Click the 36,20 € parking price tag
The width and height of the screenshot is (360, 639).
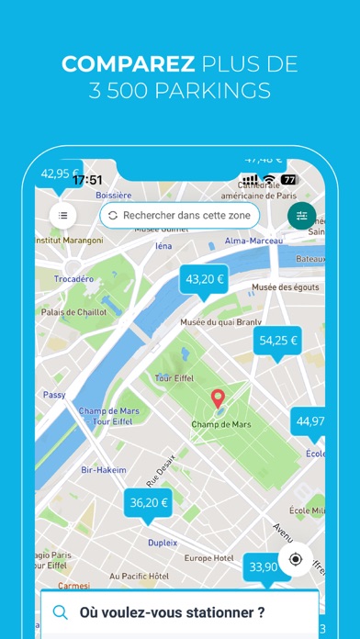(x=148, y=502)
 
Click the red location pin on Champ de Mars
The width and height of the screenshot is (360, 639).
(x=218, y=399)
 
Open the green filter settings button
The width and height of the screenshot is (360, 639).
(x=301, y=216)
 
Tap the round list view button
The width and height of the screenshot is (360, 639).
(x=63, y=215)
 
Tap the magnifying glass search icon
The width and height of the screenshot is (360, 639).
(x=61, y=612)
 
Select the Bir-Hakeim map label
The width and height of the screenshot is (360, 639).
(x=102, y=469)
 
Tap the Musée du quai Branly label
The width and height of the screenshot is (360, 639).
(x=220, y=322)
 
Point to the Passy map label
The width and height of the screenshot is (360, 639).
(x=54, y=395)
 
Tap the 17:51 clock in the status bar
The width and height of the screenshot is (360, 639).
(x=88, y=180)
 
